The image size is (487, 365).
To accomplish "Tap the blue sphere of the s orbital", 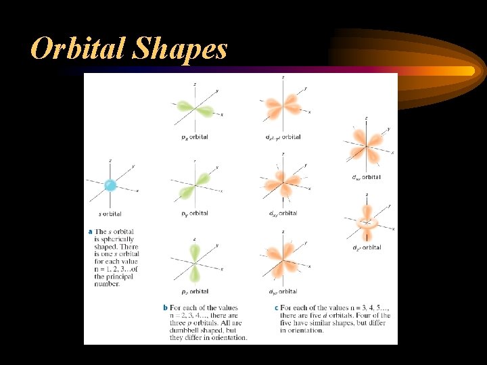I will (110, 185).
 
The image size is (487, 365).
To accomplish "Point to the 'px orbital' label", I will (194, 137).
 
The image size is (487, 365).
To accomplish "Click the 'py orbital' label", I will (194, 213).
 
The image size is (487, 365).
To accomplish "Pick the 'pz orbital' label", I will (194, 291).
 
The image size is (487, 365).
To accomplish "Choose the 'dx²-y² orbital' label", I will (283, 137).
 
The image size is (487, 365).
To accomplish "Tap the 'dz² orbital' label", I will (366, 247).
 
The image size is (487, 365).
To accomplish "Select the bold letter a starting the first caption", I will (90, 231).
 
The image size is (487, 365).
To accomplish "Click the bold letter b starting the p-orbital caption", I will (164, 308).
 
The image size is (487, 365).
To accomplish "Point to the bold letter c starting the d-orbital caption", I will (276, 308).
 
